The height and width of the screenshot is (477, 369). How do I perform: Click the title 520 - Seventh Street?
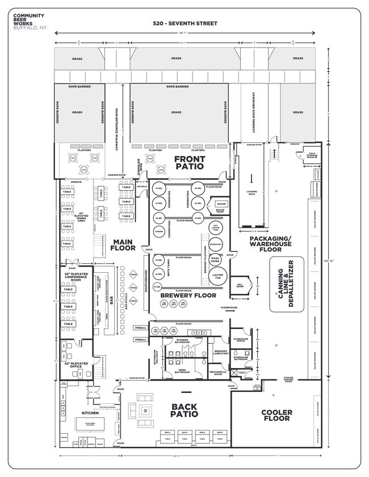(x=184, y=24)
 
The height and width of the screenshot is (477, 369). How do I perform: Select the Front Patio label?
(x=190, y=163)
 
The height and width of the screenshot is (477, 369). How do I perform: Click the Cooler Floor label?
(x=276, y=415)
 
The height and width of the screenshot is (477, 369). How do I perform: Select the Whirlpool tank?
(x=215, y=243)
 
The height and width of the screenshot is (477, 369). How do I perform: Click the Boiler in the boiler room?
(x=221, y=204)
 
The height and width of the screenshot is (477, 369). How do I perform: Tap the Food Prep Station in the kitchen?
(x=89, y=424)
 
